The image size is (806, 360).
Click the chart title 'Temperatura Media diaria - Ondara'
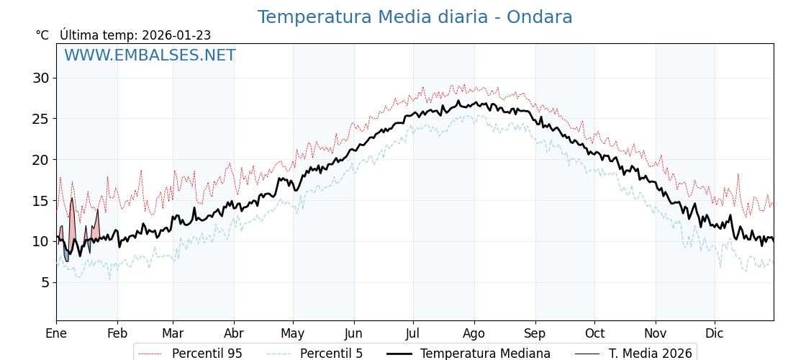click(415, 17)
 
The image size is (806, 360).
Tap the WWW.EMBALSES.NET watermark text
click(150, 56)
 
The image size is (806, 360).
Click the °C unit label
click(42, 35)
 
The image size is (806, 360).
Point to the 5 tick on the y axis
click(44, 282)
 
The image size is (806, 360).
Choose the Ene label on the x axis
click(56, 333)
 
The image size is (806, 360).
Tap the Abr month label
click(234, 333)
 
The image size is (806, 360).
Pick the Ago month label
click(474, 333)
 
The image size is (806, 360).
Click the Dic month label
click(715, 333)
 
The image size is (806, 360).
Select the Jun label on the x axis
click(354, 333)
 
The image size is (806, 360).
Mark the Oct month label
click(594, 333)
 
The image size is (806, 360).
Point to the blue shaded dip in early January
click(66, 255)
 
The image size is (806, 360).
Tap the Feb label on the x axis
click(117, 333)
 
